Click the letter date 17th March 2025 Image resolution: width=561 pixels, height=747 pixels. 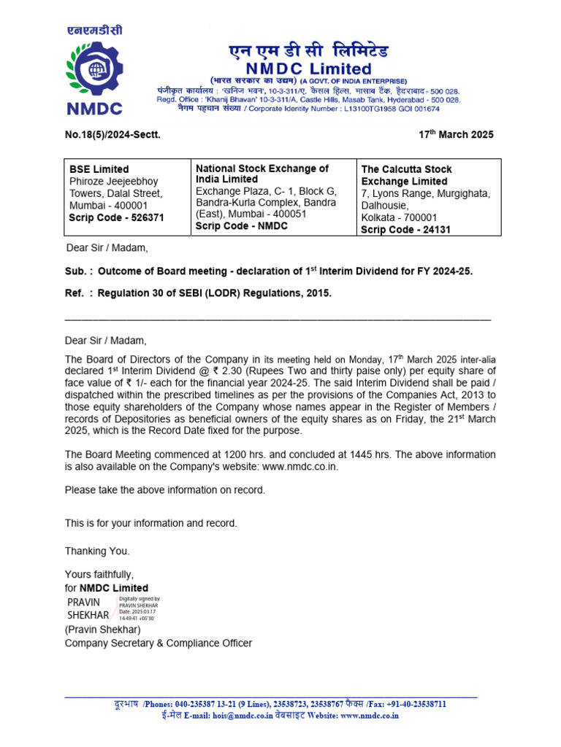pos(456,134)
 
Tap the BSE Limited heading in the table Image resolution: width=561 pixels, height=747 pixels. pos(99,169)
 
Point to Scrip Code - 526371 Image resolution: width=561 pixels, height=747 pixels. pos(116,218)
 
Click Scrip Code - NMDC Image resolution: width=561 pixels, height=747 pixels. pos(242,226)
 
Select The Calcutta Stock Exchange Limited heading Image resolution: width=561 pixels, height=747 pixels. pos(406,175)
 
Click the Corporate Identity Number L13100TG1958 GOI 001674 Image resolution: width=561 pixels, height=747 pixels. pos(387,109)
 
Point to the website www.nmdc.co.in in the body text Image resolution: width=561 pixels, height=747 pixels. pos(300,466)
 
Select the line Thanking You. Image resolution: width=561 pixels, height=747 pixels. pos(97,551)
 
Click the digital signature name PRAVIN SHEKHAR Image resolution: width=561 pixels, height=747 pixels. pos(88,608)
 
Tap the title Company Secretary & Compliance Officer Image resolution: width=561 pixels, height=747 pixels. pos(159,643)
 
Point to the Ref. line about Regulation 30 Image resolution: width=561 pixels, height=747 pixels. pos(198,293)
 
